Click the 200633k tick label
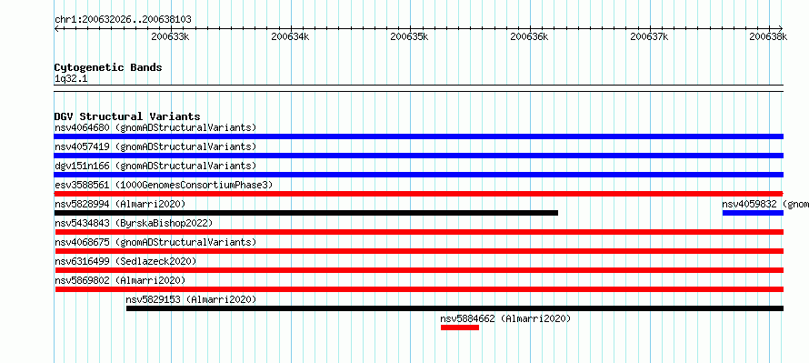point(170,36)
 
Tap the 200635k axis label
point(409,36)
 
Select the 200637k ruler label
point(649,36)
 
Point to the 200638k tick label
point(768,36)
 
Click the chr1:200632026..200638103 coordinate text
point(123,20)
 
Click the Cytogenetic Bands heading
point(108,67)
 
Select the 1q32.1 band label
point(71,79)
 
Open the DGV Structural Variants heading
point(127,116)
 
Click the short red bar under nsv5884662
point(460,328)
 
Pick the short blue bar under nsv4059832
point(753,213)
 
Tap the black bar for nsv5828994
point(306,213)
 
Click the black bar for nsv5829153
point(454,308)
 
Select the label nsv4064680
point(82,127)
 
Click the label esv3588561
point(82,185)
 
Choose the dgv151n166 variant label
point(82,166)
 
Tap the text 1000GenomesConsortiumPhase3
point(194,185)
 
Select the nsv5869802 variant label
point(82,280)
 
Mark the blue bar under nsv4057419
point(418,156)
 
